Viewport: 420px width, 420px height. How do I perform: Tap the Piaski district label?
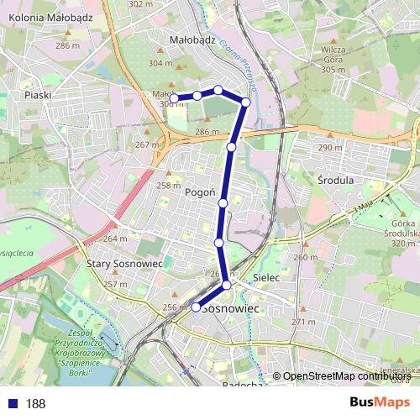(39, 96)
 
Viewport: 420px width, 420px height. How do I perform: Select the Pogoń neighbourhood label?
(201, 192)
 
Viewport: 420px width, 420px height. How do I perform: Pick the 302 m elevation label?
(141, 4)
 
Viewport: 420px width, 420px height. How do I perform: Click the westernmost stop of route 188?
(175, 98)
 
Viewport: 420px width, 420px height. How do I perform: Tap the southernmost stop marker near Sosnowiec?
(196, 307)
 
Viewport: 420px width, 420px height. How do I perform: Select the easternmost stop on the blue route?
(246, 102)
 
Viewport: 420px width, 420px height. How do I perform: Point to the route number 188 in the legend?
(35, 404)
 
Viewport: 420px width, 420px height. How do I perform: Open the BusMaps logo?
(380, 402)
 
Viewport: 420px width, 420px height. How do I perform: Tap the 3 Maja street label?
(362, 207)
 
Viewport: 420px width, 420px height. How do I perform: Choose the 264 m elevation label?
(116, 239)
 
